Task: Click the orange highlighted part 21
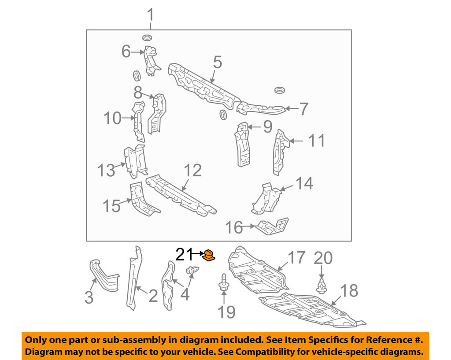[x=208, y=255]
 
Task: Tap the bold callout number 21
[x=184, y=254]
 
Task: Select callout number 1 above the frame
[x=151, y=15]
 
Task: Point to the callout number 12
[x=192, y=170]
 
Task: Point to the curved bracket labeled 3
[x=103, y=275]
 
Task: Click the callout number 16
[x=234, y=227]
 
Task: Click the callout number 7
[x=303, y=109]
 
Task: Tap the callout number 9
[x=268, y=127]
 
